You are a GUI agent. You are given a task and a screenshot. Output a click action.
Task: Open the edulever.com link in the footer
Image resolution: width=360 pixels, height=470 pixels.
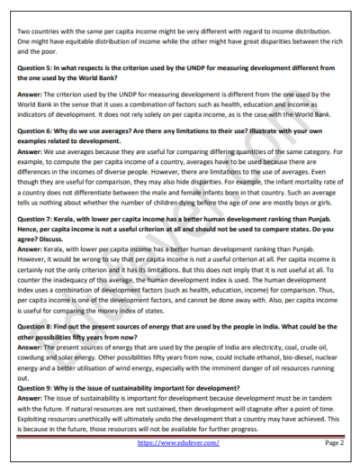point(177,443)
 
